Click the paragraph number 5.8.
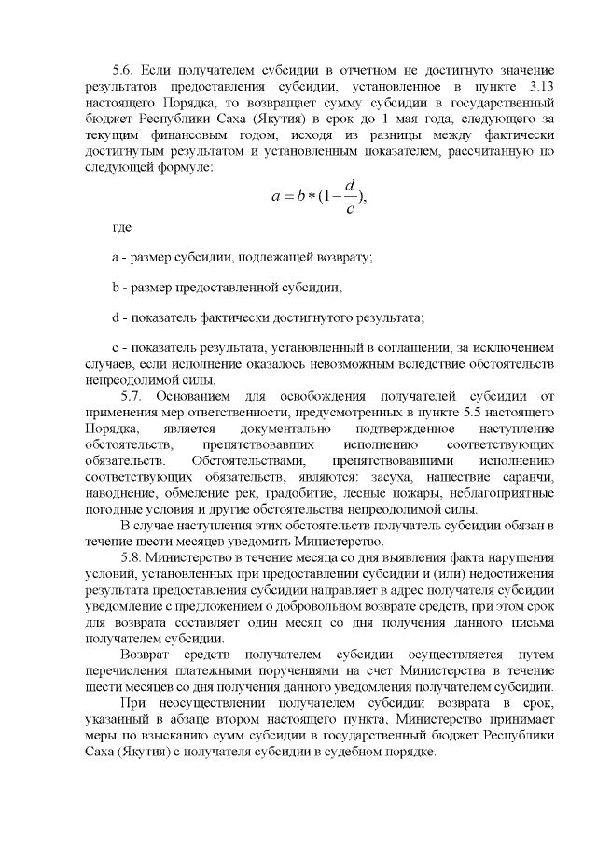tap(136, 557)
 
